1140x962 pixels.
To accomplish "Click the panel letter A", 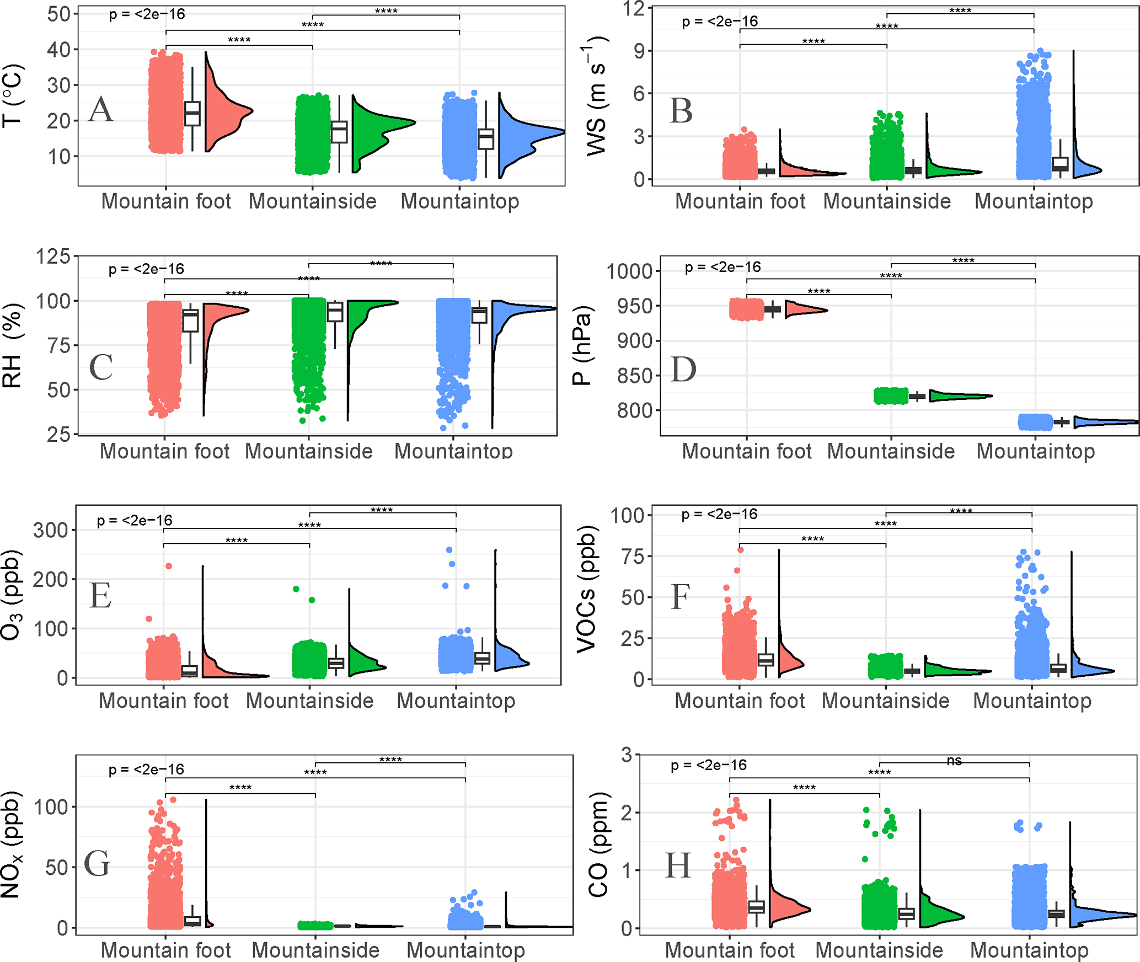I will coord(101,109).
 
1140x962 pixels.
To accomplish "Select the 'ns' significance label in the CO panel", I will coord(954,761).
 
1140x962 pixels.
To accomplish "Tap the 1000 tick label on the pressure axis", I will coord(629,271).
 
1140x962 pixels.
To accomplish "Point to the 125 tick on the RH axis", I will coord(53,256).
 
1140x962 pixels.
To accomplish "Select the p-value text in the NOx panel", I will coord(146,769).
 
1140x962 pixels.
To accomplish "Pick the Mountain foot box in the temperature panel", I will coord(192,114).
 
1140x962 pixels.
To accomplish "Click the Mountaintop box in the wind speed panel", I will coord(1060,164).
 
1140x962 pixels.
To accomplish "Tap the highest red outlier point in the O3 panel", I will coord(169,566).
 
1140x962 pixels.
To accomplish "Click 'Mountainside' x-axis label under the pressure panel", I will coord(891,451).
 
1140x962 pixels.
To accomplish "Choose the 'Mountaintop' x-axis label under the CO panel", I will coord(1029,950).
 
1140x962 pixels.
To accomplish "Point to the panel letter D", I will coord(683,370).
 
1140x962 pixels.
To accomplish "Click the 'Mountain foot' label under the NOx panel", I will coord(165,950).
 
